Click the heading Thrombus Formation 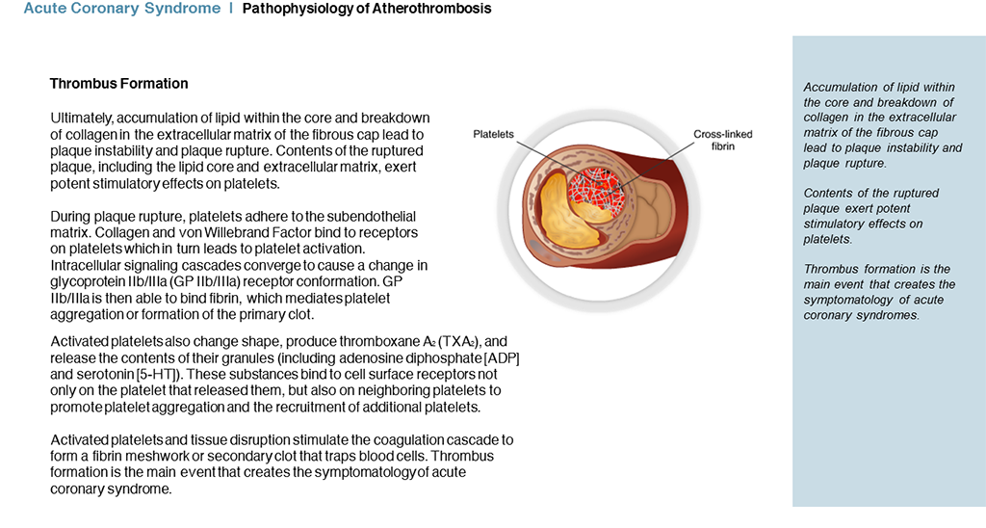coord(118,84)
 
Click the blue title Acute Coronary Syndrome coord(122,9)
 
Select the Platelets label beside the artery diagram coord(493,134)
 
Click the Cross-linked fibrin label coord(722,140)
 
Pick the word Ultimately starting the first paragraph coord(81,119)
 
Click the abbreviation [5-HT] coord(157,375)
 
